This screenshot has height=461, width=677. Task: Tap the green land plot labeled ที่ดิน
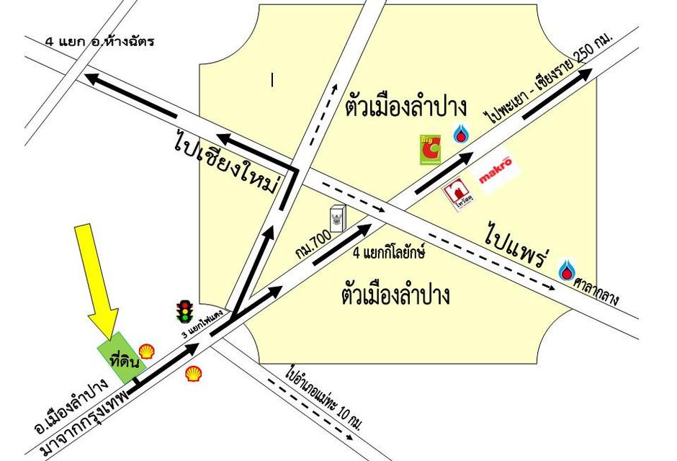pyautogui.click(x=120, y=359)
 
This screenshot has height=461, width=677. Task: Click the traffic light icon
pyautogui.click(x=185, y=311)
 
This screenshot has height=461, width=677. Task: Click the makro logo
pyautogui.click(x=496, y=163)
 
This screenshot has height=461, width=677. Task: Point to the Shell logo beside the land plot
pyautogui.click(x=146, y=352)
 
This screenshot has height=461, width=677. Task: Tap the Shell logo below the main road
pyautogui.click(x=193, y=374)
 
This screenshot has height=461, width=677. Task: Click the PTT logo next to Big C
pyautogui.click(x=460, y=133)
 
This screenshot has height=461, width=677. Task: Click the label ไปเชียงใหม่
pyautogui.click(x=225, y=163)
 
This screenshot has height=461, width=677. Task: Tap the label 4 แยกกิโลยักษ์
pyautogui.click(x=389, y=253)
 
